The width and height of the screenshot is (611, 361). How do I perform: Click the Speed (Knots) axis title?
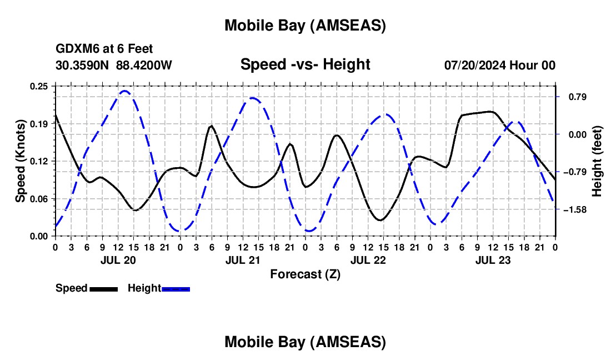pos(21,161)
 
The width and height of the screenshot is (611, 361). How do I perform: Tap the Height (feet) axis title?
pos(597,161)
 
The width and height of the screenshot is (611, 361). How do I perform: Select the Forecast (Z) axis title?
pos(305,274)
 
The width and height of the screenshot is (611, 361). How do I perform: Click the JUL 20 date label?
pos(118,260)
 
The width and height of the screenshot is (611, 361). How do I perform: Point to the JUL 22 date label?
pos(368,260)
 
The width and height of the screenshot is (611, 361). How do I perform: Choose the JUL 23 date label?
pos(493,260)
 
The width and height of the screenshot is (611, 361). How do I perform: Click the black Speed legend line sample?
pos(103,289)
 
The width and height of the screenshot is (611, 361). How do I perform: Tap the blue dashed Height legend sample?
pos(176,289)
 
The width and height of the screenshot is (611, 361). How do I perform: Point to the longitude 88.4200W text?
pos(144,66)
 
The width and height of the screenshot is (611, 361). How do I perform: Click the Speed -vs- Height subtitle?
pos(305,64)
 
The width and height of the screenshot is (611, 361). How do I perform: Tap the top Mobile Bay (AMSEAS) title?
pos(305,25)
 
